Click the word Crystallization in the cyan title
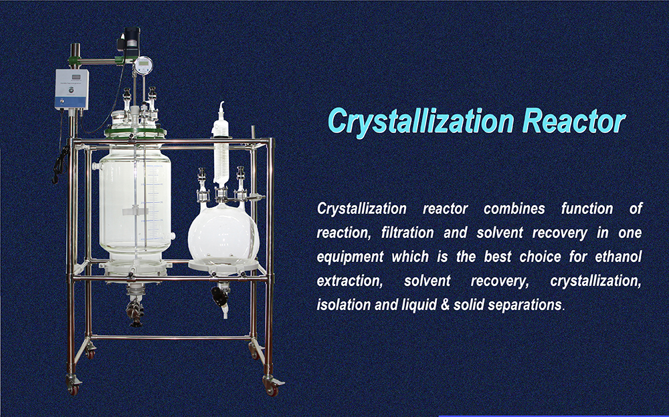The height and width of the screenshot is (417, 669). (x=421, y=122)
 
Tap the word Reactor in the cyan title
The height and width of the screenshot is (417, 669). (x=574, y=121)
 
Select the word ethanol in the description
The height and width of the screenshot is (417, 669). (x=618, y=257)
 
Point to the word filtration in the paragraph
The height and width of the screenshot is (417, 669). (x=407, y=233)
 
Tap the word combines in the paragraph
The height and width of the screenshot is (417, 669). (x=514, y=208)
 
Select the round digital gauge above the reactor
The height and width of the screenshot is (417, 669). (x=143, y=65)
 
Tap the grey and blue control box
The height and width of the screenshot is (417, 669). (x=72, y=89)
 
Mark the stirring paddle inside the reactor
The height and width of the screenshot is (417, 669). (x=135, y=211)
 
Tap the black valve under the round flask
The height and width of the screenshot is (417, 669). (x=219, y=296)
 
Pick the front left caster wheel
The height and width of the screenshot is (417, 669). (x=74, y=386)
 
